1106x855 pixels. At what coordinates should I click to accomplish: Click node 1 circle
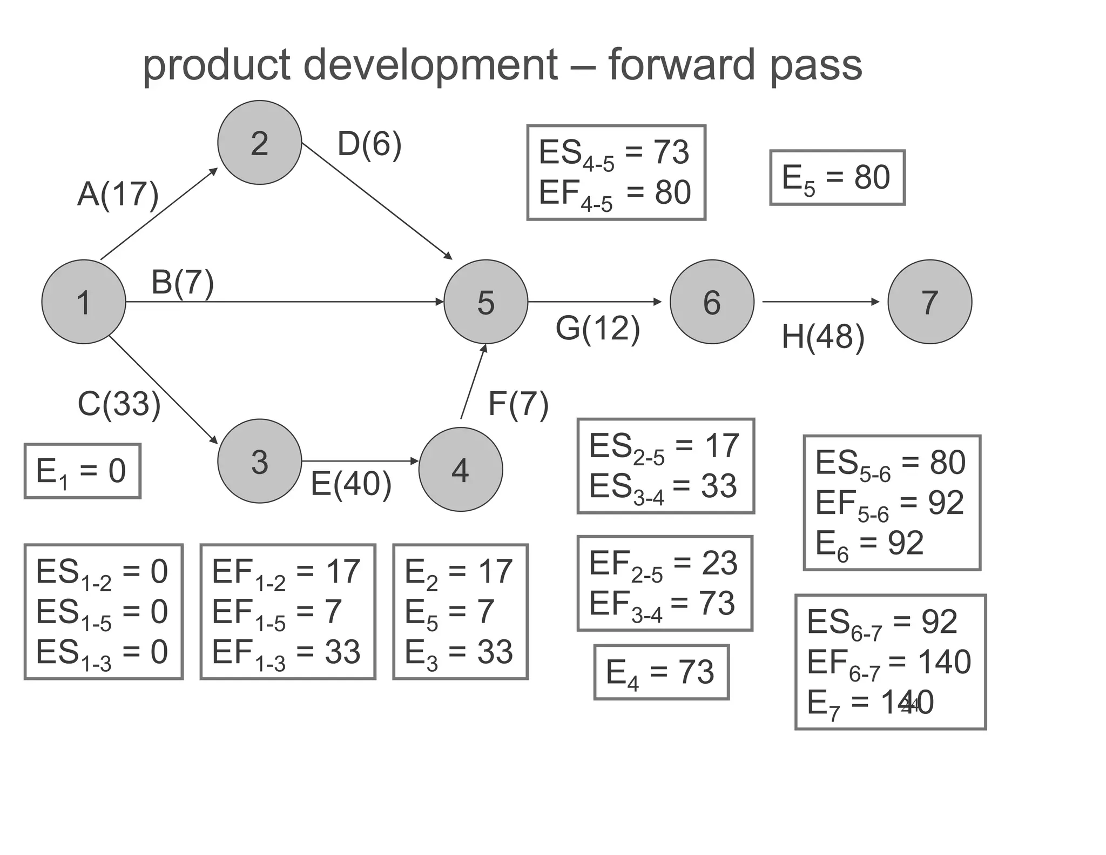click(x=84, y=302)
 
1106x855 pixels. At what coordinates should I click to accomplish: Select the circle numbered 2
click(x=259, y=143)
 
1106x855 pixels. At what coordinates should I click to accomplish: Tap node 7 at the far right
click(x=929, y=302)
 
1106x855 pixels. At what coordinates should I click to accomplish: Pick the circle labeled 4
click(x=460, y=469)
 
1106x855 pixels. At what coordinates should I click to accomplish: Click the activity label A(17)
click(x=118, y=194)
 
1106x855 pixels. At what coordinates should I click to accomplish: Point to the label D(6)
click(x=369, y=144)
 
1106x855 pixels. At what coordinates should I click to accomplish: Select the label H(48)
click(x=822, y=337)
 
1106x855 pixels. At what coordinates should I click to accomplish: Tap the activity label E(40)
click(x=351, y=484)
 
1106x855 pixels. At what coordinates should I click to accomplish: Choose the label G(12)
click(x=598, y=328)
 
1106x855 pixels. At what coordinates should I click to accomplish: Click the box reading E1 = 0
click(x=82, y=471)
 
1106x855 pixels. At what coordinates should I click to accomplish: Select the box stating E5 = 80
click(x=837, y=177)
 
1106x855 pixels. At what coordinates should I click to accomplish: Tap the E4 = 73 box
click(x=661, y=672)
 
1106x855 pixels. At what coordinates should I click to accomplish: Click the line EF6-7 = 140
click(x=889, y=662)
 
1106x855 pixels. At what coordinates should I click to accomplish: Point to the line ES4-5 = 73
click(x=615, y=152)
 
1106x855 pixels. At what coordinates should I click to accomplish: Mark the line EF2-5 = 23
click(x=663, y=564)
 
